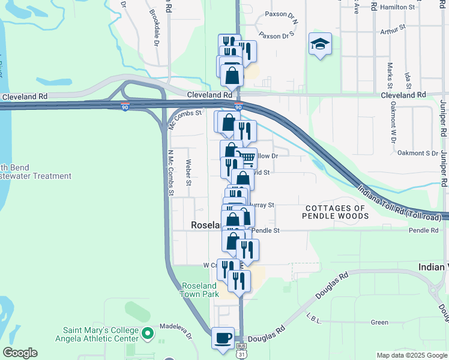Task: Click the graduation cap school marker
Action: (321, 44)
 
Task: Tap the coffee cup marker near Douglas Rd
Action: (223, 338)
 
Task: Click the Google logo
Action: (20, 353)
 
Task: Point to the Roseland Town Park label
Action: (198, 290)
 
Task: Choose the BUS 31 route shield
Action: (241, 349)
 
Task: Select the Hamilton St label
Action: (397, 7)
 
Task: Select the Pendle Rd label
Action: (424, 230)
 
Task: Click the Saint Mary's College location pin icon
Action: (148, 331)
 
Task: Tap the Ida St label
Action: (408, 79)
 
